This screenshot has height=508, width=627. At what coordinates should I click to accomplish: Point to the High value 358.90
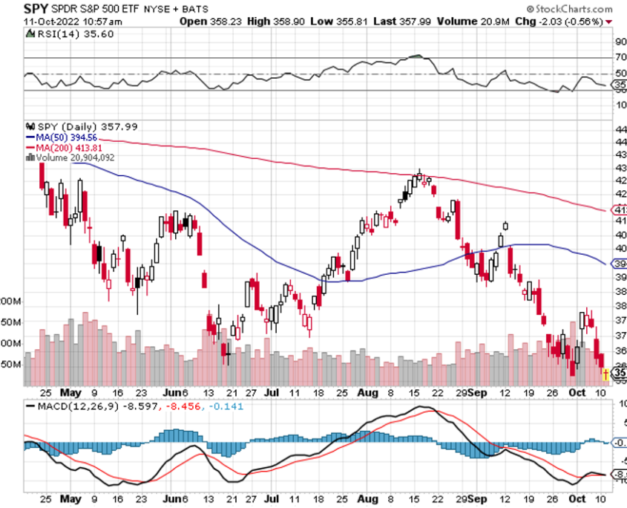pos(281,22)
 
